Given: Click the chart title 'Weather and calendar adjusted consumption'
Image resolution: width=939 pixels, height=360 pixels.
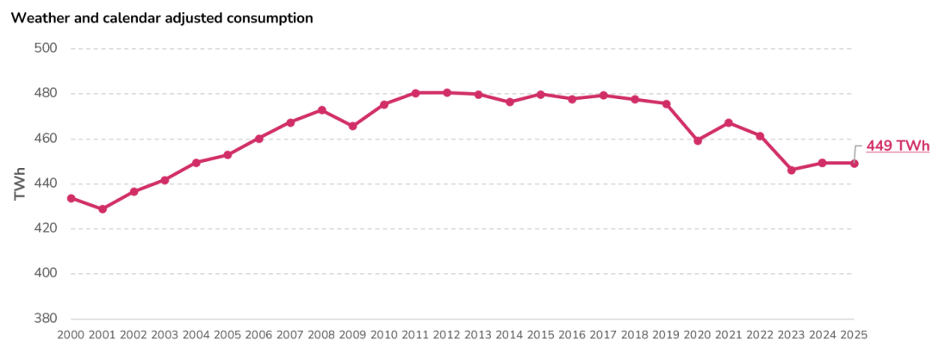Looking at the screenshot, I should point(162,18).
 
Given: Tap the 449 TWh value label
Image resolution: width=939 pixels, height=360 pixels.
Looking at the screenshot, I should point(898,146).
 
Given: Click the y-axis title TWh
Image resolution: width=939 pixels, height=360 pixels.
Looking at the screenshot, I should point(20,183).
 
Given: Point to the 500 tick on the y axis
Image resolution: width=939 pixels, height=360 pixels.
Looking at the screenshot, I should point(45,48).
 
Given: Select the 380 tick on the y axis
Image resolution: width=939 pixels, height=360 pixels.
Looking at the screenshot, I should point(45,319).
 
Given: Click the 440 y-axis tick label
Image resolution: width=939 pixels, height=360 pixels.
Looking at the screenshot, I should point(45,183).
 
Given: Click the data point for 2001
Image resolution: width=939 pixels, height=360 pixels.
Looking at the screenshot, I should point(103,209).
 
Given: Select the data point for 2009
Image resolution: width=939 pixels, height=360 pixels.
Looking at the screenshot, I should point(353,127).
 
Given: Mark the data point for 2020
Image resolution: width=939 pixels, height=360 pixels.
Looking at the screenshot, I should point(698,140).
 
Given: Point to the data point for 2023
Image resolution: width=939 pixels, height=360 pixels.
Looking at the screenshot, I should point(792,171).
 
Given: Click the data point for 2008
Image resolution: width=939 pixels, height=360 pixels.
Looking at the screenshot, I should point(321,110).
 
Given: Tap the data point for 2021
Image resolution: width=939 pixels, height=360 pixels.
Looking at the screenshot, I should point(729,122).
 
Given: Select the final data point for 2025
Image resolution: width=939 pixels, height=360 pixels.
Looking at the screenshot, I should point(854,163).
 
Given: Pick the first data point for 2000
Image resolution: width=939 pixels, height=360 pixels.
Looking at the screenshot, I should point(71,198).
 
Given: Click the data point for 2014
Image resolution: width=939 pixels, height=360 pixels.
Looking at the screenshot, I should point(510,102).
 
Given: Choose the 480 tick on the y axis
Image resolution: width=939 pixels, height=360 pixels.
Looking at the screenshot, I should point(45,93).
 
